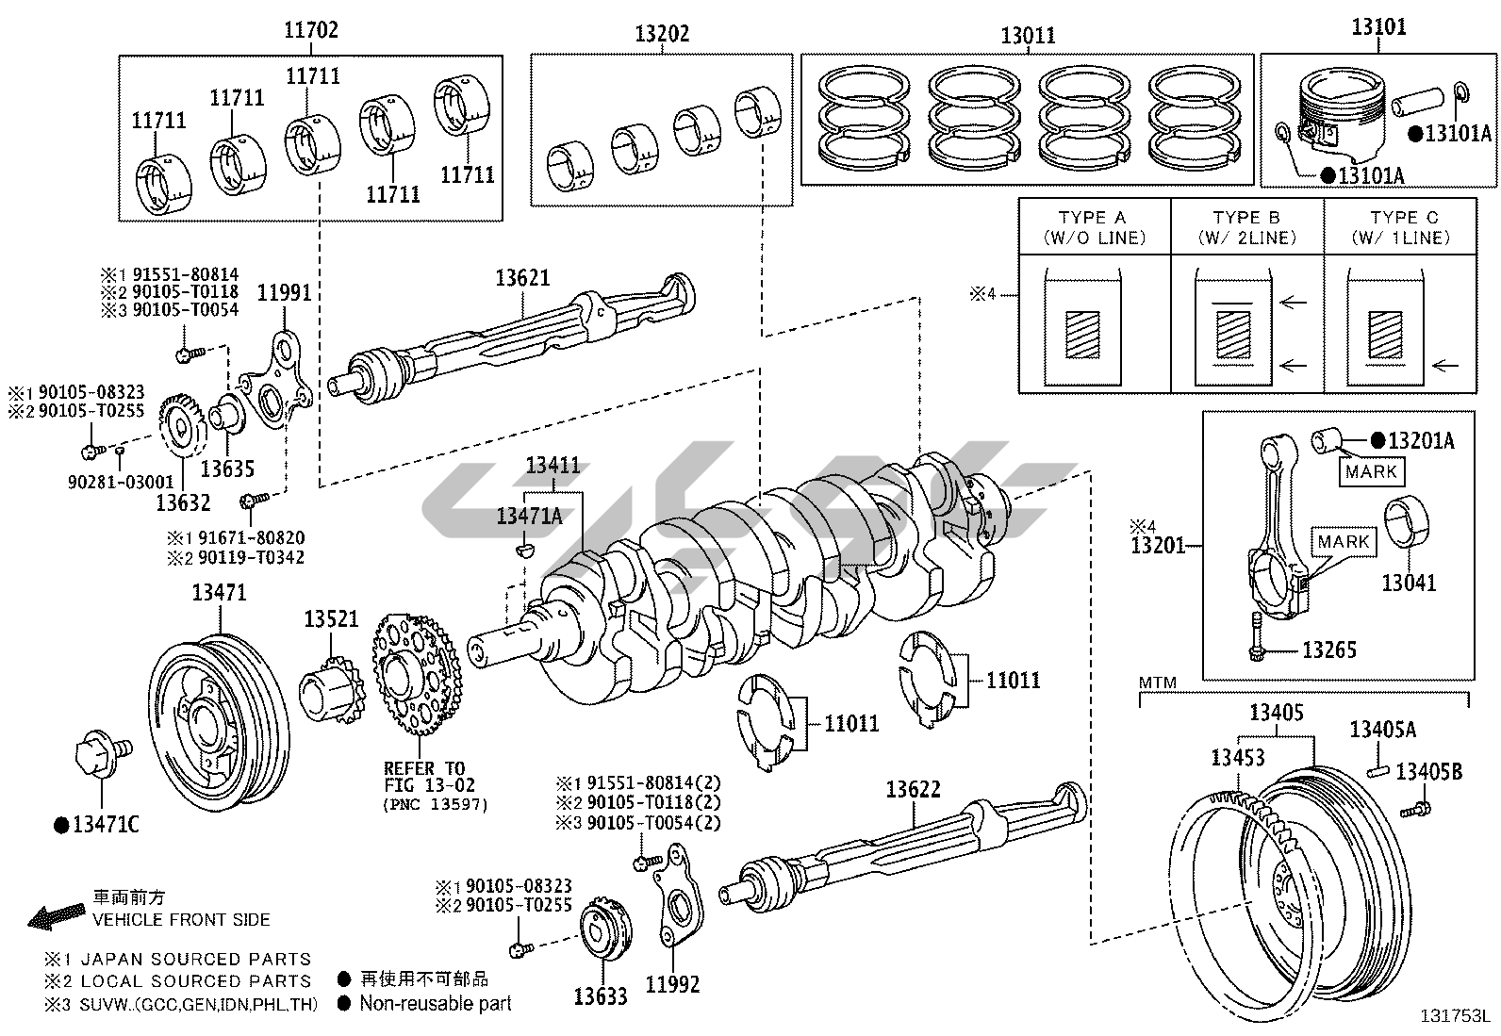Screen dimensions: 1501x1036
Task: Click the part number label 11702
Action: point(311,30)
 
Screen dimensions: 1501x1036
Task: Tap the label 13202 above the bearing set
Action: point(662,34)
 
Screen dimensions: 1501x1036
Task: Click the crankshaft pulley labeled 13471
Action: point(219,720)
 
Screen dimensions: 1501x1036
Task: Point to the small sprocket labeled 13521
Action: point(331,692)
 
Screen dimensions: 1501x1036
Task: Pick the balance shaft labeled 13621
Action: point(511,337)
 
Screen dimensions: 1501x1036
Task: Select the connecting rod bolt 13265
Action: point(1257,636)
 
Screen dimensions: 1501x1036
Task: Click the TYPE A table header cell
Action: point(1095,226)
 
